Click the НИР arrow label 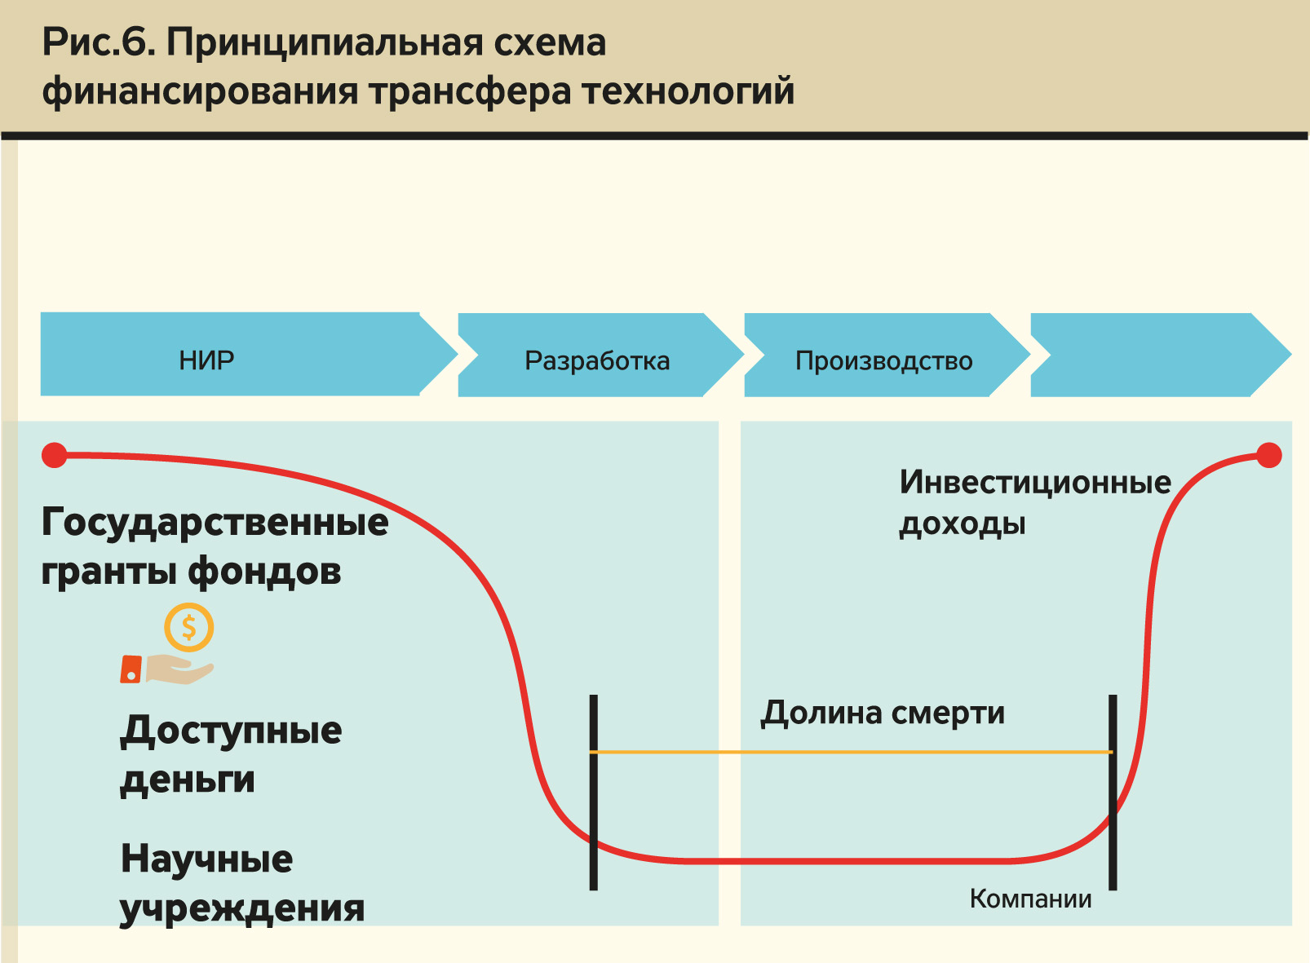(x=206, y=360)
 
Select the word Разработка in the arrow (x=597, y=360)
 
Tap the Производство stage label (x=883, y=360)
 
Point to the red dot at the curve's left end (x=55, y=455)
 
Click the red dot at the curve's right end (x=1268, y=455)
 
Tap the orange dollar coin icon (x=188, y=627)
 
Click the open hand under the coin (x=175, y=669)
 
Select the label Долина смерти (x=883, y=713)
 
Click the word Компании (x=1030, y=899)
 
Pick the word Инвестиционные (x=1035, y=482)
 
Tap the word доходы (x=963, y=523)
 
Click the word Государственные (x=215, y=522)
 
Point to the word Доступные (x=231, y=731)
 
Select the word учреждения (x=242, y=908)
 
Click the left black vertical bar (x=594, y=791)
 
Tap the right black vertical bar (x=1113, y=791)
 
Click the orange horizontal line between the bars (x=852, y=752)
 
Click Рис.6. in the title (x=99, y=42)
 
